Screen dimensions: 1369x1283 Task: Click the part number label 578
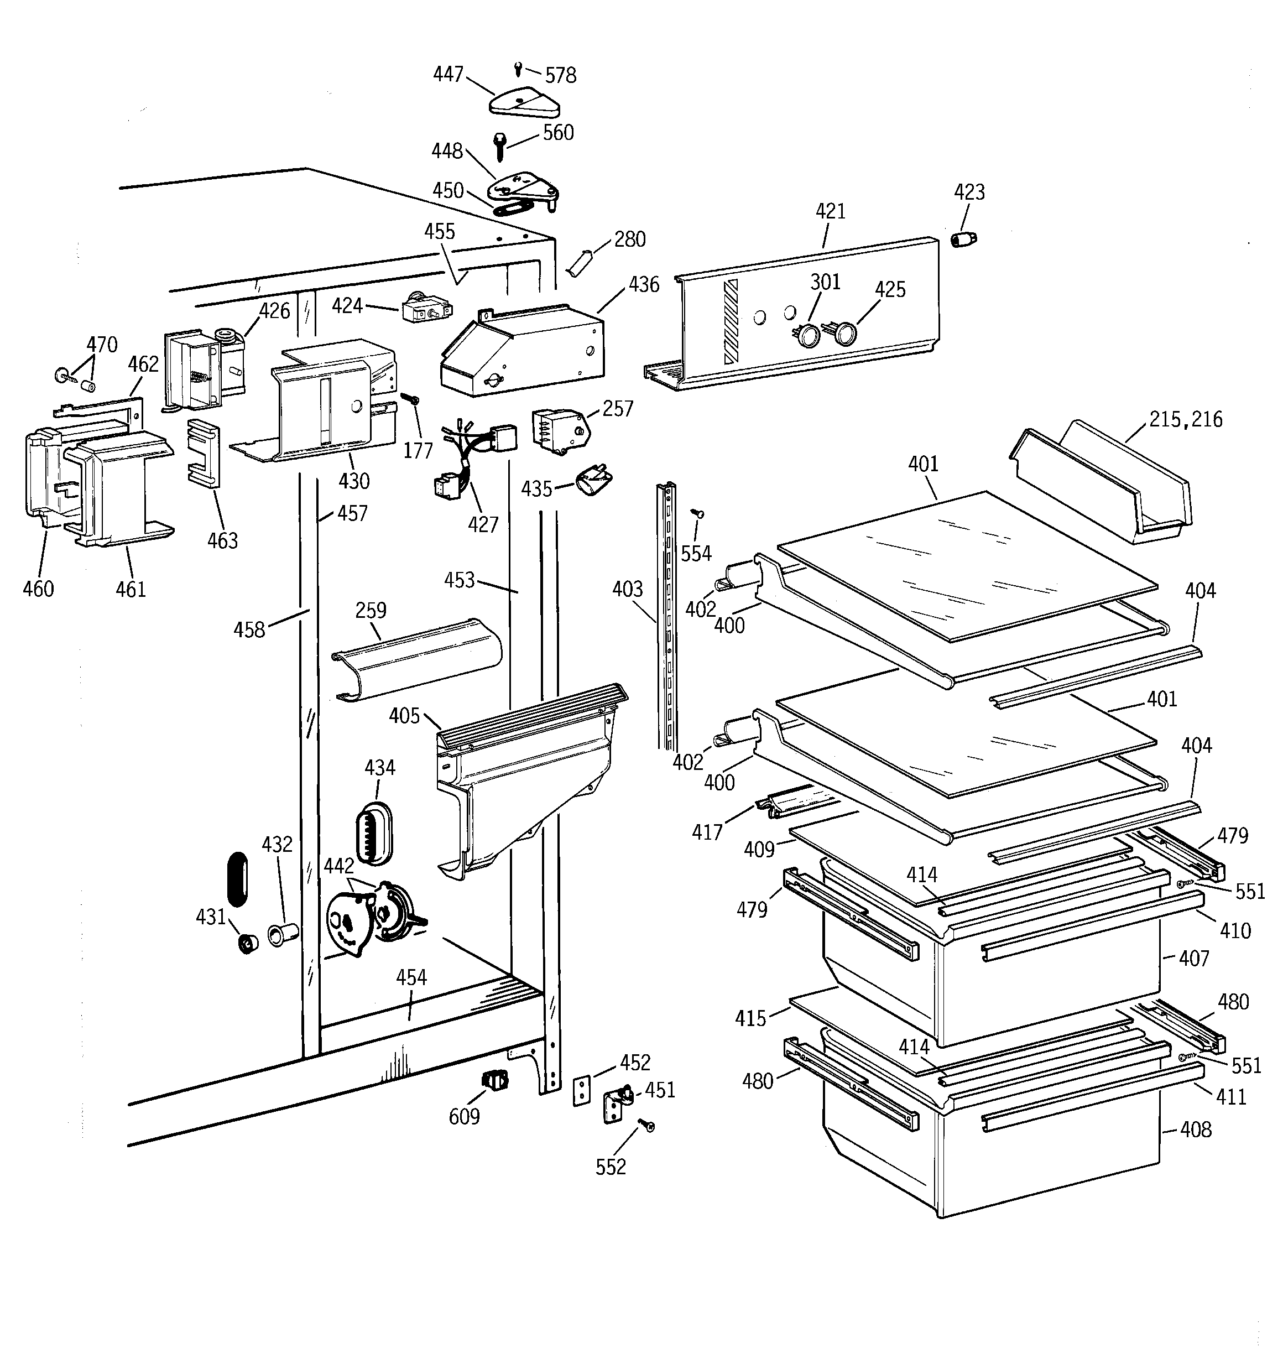click(x=561, y=75)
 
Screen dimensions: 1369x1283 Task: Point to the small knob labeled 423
click(x=963, y=240)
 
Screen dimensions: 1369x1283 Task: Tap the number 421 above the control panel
click(x=830, y=211)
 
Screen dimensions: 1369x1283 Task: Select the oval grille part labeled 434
click(x=374, y=833)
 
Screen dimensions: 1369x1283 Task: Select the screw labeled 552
click(x=648, y=1125)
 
